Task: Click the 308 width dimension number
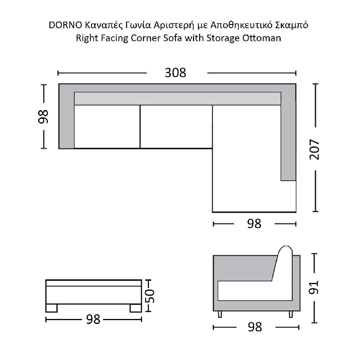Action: (175, 73)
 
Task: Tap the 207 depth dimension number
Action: (314, 149)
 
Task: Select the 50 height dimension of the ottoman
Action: (150, 296)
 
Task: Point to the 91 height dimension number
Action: (314, 287)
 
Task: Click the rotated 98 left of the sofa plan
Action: (43, 117)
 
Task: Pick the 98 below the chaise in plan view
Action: (254, 224)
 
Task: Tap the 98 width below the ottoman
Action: (93, 319)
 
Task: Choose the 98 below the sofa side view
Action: (255, 327)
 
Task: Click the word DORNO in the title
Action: (66, 25)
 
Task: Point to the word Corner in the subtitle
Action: (146, 38)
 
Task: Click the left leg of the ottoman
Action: (51, 308)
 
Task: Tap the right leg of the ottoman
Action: (135, 308)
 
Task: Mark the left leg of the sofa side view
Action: (220, 314)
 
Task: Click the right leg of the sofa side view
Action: (291, 314)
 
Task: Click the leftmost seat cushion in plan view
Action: (107, 127)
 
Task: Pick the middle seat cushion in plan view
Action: (176, 127)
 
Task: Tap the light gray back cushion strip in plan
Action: (177, 99)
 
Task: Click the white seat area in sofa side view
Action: (255, 291)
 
